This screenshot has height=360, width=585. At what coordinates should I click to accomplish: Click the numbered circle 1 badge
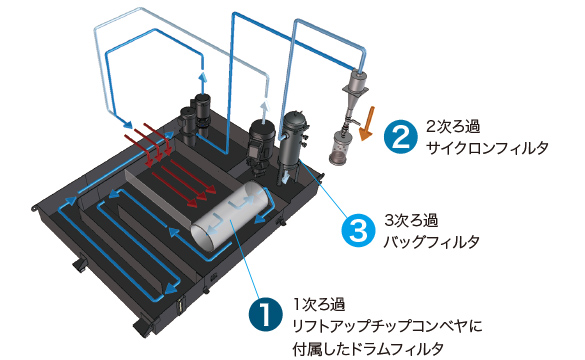click(265, 314)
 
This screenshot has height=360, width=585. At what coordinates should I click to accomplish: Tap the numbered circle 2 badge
click(400, 137)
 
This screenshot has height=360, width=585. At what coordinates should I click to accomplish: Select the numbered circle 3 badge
click(359, 230)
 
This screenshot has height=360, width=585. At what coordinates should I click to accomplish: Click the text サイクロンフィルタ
click(487, 148)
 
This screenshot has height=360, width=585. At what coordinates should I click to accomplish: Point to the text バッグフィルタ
click(431, 242)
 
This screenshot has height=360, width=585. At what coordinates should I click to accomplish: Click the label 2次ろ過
click(453, 127)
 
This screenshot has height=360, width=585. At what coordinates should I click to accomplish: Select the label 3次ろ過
click(411, 220)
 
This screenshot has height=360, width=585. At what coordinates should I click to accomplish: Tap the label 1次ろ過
click(319, 304)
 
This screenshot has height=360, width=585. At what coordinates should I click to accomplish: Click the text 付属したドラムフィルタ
click(368, 349)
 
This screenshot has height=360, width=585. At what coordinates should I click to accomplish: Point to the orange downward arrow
click(367, 124)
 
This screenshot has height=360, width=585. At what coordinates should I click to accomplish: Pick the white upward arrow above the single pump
click(265, 108)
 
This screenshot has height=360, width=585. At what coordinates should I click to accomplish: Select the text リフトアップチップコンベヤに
click(387, 327)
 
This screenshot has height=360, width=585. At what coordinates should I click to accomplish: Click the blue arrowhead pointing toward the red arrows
click(127, 124)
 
